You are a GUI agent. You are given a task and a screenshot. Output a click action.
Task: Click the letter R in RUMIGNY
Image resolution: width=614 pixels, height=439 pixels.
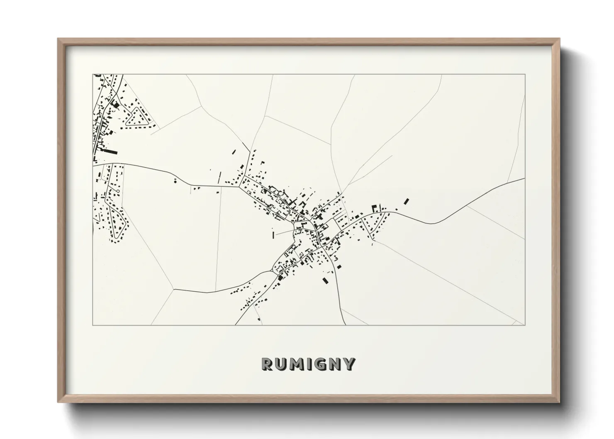[x=267, y=364]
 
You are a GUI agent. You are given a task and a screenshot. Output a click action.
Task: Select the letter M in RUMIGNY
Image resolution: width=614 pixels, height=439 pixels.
[x=296, y=364]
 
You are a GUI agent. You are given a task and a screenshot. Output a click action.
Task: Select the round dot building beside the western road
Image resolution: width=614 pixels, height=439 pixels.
[x=175, y=181]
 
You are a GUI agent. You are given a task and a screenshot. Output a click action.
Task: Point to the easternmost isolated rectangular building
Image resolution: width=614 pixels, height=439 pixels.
[x=406, y=202]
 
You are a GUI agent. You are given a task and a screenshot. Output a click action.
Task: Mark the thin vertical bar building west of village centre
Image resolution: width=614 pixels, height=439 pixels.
[x=273, y=235]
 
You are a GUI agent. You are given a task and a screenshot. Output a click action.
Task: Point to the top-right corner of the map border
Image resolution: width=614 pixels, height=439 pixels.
[x=525, y=75]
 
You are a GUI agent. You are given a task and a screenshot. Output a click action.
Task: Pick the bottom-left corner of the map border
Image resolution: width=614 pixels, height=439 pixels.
[x=93, y=325]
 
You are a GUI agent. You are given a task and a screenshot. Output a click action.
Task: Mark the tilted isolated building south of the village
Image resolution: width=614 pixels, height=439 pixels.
[x=325, y=280]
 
